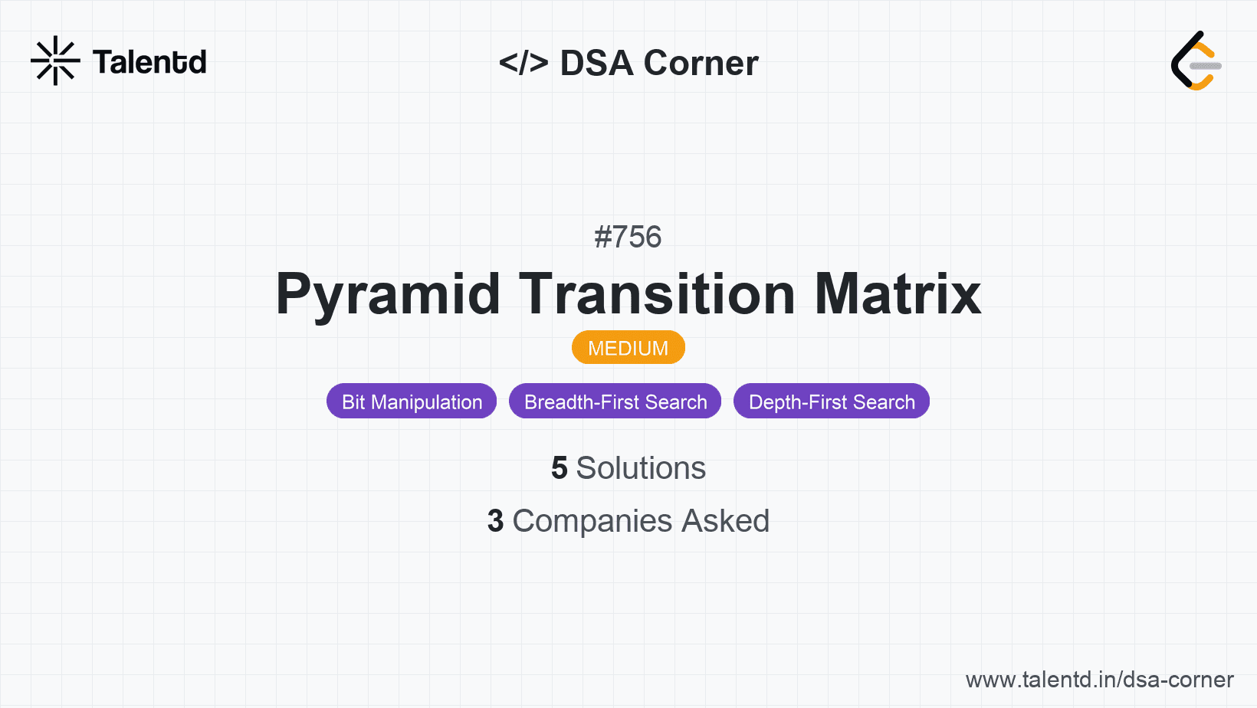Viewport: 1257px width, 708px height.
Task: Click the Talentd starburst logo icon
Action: tap(55, 61)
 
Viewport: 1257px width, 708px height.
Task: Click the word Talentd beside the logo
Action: tap(149, 62)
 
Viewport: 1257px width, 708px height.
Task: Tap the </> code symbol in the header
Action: tap(523, 63)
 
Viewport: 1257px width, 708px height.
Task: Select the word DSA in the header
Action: tap(597, 63)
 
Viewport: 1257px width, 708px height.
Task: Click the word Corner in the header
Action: tap(701, 63)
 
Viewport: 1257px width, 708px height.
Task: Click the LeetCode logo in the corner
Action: tap(1196, 61)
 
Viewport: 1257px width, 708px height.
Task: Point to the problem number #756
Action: tap(628, 237)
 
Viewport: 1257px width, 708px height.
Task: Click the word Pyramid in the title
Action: tap(388, 294)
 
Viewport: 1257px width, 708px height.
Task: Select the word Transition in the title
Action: tap(658, 294)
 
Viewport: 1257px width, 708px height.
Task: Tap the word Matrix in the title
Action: tap(898, 294)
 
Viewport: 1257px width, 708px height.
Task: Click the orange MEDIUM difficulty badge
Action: tap(628, 348)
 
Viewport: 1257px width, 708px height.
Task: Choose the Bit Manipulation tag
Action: tap(412, 402)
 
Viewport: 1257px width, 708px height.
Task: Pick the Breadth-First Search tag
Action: tap(615, 402)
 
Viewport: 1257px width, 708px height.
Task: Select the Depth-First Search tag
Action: tap(832, 402)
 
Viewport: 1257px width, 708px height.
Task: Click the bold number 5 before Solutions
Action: tap(560, 468)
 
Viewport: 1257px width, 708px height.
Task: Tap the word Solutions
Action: tap(641, 468)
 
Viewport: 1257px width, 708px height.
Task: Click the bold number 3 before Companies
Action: tap(496, 521)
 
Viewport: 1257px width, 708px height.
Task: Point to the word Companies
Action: tap(592, 521)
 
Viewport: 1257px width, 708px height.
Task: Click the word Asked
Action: tap(725, 521)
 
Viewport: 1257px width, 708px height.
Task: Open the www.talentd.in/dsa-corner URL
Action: tap(1099, 680)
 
